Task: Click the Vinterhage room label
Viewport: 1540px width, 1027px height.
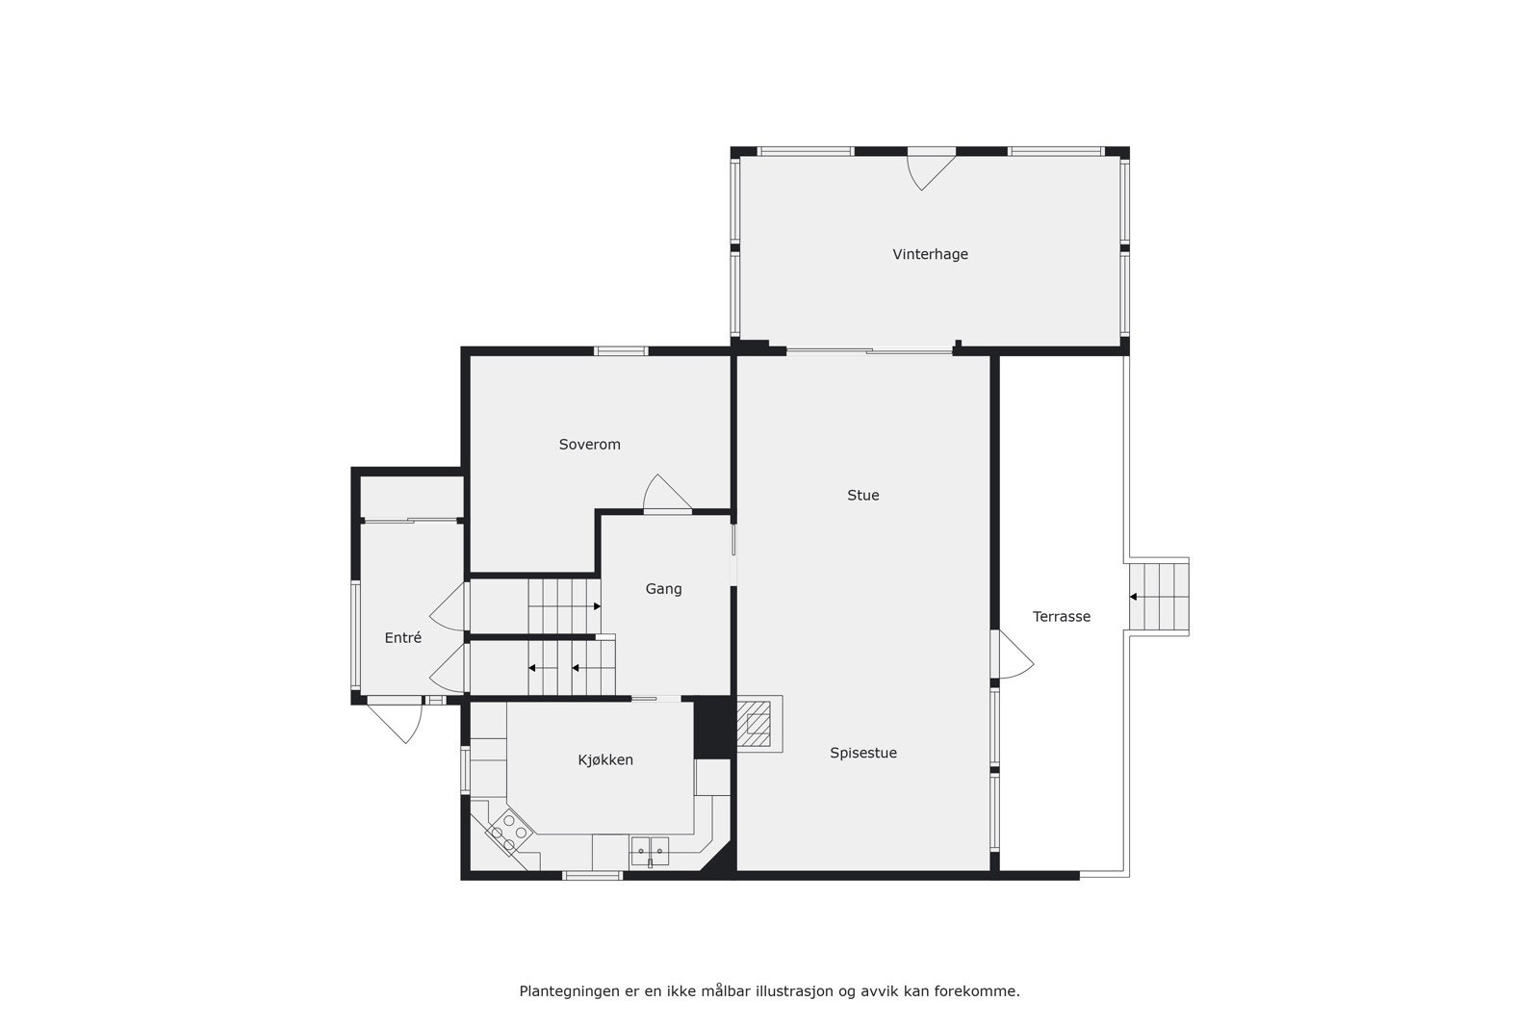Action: coord(930,254)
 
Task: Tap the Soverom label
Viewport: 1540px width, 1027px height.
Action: coord(589,445)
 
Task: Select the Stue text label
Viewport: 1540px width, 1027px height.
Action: coord(862,496)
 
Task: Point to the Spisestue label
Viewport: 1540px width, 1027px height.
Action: coord(863,753)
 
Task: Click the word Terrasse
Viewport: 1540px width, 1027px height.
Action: coord(1062,617)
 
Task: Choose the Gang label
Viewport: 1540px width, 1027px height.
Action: coord(663,589)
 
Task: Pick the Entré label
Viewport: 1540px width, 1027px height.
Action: coord(402,638)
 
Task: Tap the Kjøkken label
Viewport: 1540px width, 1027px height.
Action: coord(605,760)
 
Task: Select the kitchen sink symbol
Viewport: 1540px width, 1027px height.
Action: coord(650,851)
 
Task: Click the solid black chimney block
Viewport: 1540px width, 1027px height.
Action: coord(713,727)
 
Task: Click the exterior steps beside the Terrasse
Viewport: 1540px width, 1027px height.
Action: coord(1161,597)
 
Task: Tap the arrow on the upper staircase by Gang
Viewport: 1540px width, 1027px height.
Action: coord(596,606)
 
